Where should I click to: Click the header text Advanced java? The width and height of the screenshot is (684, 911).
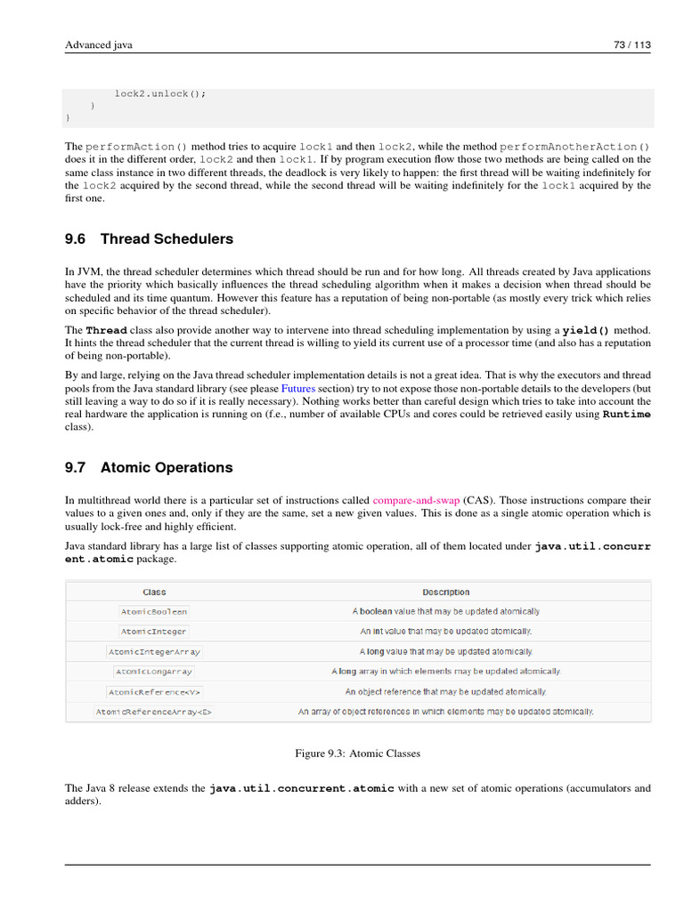tap(99, 44)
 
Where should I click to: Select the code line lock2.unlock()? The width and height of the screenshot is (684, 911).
tap(159, 93)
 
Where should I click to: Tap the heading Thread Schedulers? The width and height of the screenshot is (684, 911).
tap(167, 238)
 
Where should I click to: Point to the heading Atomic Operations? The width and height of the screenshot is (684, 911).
tap(167, 467)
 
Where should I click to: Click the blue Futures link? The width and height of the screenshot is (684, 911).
tap(298, 389)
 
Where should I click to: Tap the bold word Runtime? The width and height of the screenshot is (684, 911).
tap(626, 414)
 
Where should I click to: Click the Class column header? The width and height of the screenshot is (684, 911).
tap(154, 592)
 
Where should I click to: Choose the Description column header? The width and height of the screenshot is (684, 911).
tap(445, 592)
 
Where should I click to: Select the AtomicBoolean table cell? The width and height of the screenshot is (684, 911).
tap(154, 611)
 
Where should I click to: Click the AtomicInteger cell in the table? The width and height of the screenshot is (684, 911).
tap(154, 631)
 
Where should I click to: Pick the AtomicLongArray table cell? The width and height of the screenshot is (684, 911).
tap(154, 671)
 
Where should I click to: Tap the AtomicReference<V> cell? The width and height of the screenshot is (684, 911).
tap(154, 691)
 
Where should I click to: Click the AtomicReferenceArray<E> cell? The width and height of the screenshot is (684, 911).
tap(154, 712)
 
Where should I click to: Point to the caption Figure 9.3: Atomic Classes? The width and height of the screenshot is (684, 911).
tap(357, 754)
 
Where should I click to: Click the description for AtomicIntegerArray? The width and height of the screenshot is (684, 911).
tap(445, 651)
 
